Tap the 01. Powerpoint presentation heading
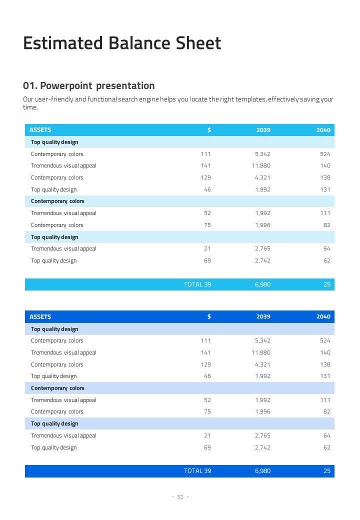[89, 85]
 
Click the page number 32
[180, 496]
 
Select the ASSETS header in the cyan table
[40, 130]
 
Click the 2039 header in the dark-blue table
[263, 316]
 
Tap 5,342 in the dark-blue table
[262, 340]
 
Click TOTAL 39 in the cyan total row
[197, 284]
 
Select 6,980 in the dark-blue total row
[262, 471]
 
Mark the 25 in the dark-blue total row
[327, 471]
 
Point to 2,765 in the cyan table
[262, 248]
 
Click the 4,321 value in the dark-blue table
[262, 364]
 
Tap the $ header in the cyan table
[209, 130]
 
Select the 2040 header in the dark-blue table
[323, 316]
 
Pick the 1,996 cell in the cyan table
[262, 225]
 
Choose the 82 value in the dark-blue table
[326, 411]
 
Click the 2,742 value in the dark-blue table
[262, 447]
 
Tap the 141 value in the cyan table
[205, 165]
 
